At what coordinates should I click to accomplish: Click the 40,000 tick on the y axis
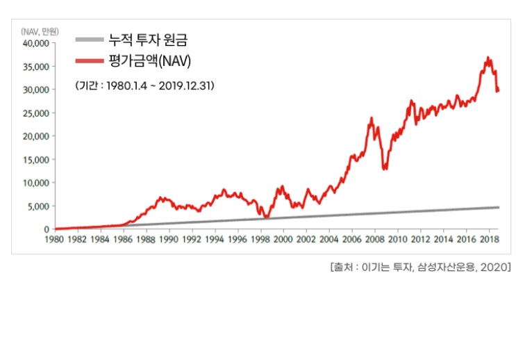click(35, 43)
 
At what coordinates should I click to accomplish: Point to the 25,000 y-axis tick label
click(35, 113)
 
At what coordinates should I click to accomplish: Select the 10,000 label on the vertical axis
click(35, 183)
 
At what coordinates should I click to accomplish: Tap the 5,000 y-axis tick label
click(37, 206)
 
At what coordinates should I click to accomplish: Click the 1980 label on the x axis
click(54, 240)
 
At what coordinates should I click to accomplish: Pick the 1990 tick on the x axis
click(169, 240)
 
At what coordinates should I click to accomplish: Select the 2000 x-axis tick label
click(283, 240)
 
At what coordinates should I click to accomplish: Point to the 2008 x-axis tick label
click(374, 240)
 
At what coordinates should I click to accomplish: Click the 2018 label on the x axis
click(488, 240)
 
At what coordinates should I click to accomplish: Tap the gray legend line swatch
click(88, 40)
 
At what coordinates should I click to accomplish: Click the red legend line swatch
click(88, 62)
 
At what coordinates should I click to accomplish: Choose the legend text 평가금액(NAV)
click(149, 62)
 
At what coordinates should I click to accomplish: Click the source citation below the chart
click(421, 267)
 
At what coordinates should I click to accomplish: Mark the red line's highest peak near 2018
click(488, 58)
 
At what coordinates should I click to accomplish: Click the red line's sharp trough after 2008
click(385, 169)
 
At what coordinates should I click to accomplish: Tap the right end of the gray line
click(498, 207)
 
